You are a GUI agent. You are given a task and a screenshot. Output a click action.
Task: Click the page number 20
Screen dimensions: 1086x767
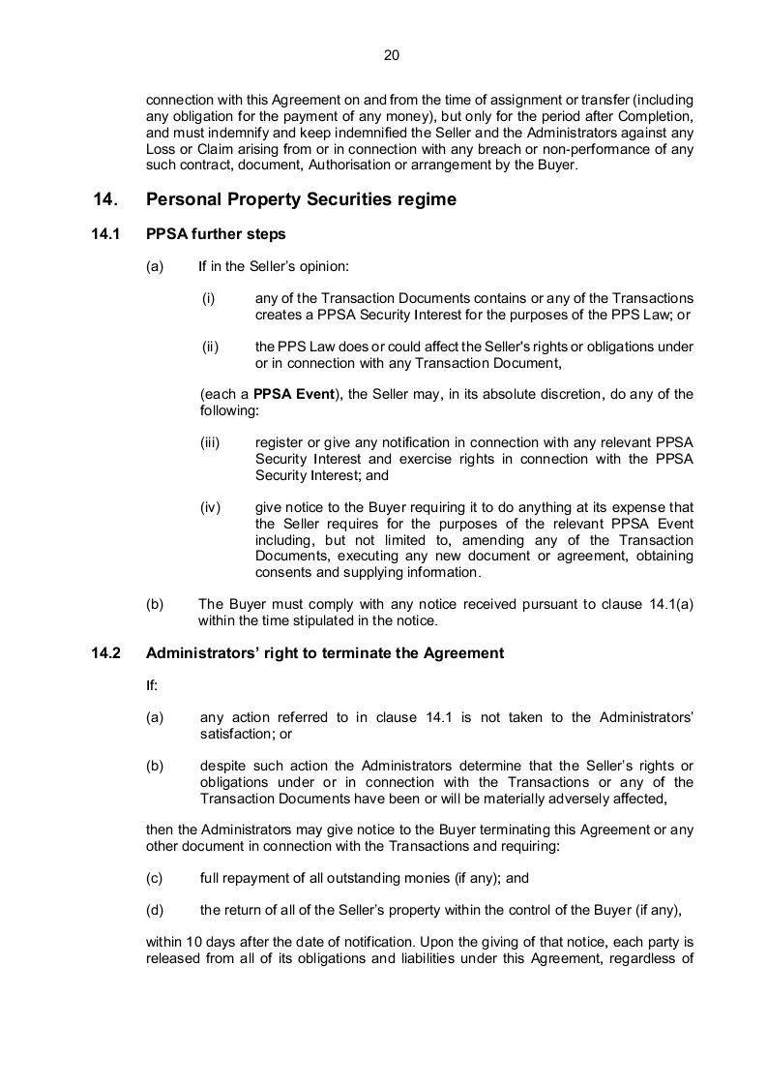(x=392, y=55)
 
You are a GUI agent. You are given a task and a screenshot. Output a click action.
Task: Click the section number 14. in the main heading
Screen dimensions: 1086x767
(x=105, y=199)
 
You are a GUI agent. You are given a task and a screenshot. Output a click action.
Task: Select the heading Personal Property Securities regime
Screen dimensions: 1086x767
(x=301, y=199)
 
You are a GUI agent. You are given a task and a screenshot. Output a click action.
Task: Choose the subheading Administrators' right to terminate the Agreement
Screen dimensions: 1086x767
(x=325, y=653)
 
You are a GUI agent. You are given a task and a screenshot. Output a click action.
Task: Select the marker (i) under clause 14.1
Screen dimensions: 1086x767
(x=208, y=298)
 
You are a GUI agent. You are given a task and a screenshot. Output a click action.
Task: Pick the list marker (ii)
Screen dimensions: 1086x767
(x=209, y=347)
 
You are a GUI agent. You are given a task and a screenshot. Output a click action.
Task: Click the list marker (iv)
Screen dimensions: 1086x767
(x=211, y=507)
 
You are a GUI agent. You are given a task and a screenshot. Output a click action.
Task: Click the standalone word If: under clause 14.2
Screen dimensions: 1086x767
(x=152, y=685)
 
